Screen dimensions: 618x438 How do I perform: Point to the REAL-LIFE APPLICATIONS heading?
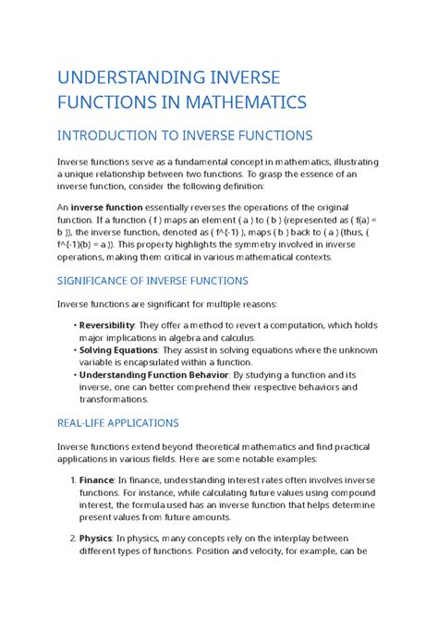(x=118, y=422)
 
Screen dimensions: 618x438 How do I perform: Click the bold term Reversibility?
(x=107, y=324)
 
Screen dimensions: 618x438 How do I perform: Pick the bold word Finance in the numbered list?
(x=96, y=480)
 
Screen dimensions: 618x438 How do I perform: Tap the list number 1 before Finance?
(x=72, y=480)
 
